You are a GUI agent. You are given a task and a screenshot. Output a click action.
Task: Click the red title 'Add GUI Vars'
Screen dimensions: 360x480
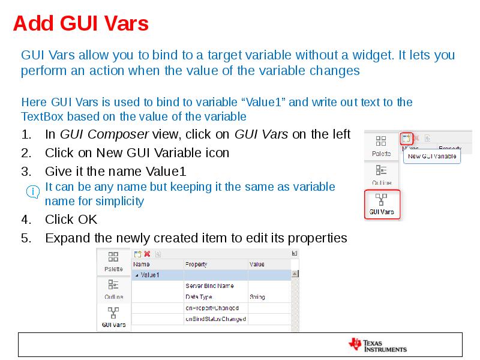click(80, 24)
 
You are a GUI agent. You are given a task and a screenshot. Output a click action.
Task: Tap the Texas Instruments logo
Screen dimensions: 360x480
click(378, 344)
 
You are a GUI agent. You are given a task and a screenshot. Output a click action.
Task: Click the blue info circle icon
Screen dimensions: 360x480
click(34, 192)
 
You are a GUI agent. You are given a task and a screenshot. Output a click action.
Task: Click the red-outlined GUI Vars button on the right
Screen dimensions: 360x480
click(382, 204)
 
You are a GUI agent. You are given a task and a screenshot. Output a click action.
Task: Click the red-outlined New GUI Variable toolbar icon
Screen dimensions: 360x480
click(406, 139)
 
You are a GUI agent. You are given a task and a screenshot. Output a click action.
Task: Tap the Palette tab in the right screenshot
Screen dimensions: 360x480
click(381, 146)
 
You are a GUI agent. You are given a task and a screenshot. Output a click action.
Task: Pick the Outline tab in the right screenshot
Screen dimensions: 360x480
click(381, 175)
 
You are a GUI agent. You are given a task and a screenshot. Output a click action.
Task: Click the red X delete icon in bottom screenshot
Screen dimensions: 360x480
click(147, 254)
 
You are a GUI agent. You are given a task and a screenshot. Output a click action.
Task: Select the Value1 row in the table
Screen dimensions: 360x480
click(150, 275)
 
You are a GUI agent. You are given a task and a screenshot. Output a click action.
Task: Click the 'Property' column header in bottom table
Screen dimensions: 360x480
click(196, 264)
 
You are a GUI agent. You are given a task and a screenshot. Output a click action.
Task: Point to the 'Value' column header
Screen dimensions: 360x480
click(257, 264)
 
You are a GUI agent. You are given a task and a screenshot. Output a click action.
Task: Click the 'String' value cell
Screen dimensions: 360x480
click(257, 297)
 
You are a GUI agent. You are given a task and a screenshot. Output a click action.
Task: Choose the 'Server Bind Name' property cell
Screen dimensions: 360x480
click(209, 286)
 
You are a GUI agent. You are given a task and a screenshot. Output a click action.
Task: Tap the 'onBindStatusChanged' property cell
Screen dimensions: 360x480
click(215, 319)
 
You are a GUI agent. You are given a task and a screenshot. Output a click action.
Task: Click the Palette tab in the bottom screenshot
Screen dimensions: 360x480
click(113, 262)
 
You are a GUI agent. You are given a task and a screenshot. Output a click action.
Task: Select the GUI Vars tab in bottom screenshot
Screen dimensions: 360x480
click(113, 318)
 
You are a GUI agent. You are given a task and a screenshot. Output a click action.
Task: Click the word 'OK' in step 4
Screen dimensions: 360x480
click(88, 220)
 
